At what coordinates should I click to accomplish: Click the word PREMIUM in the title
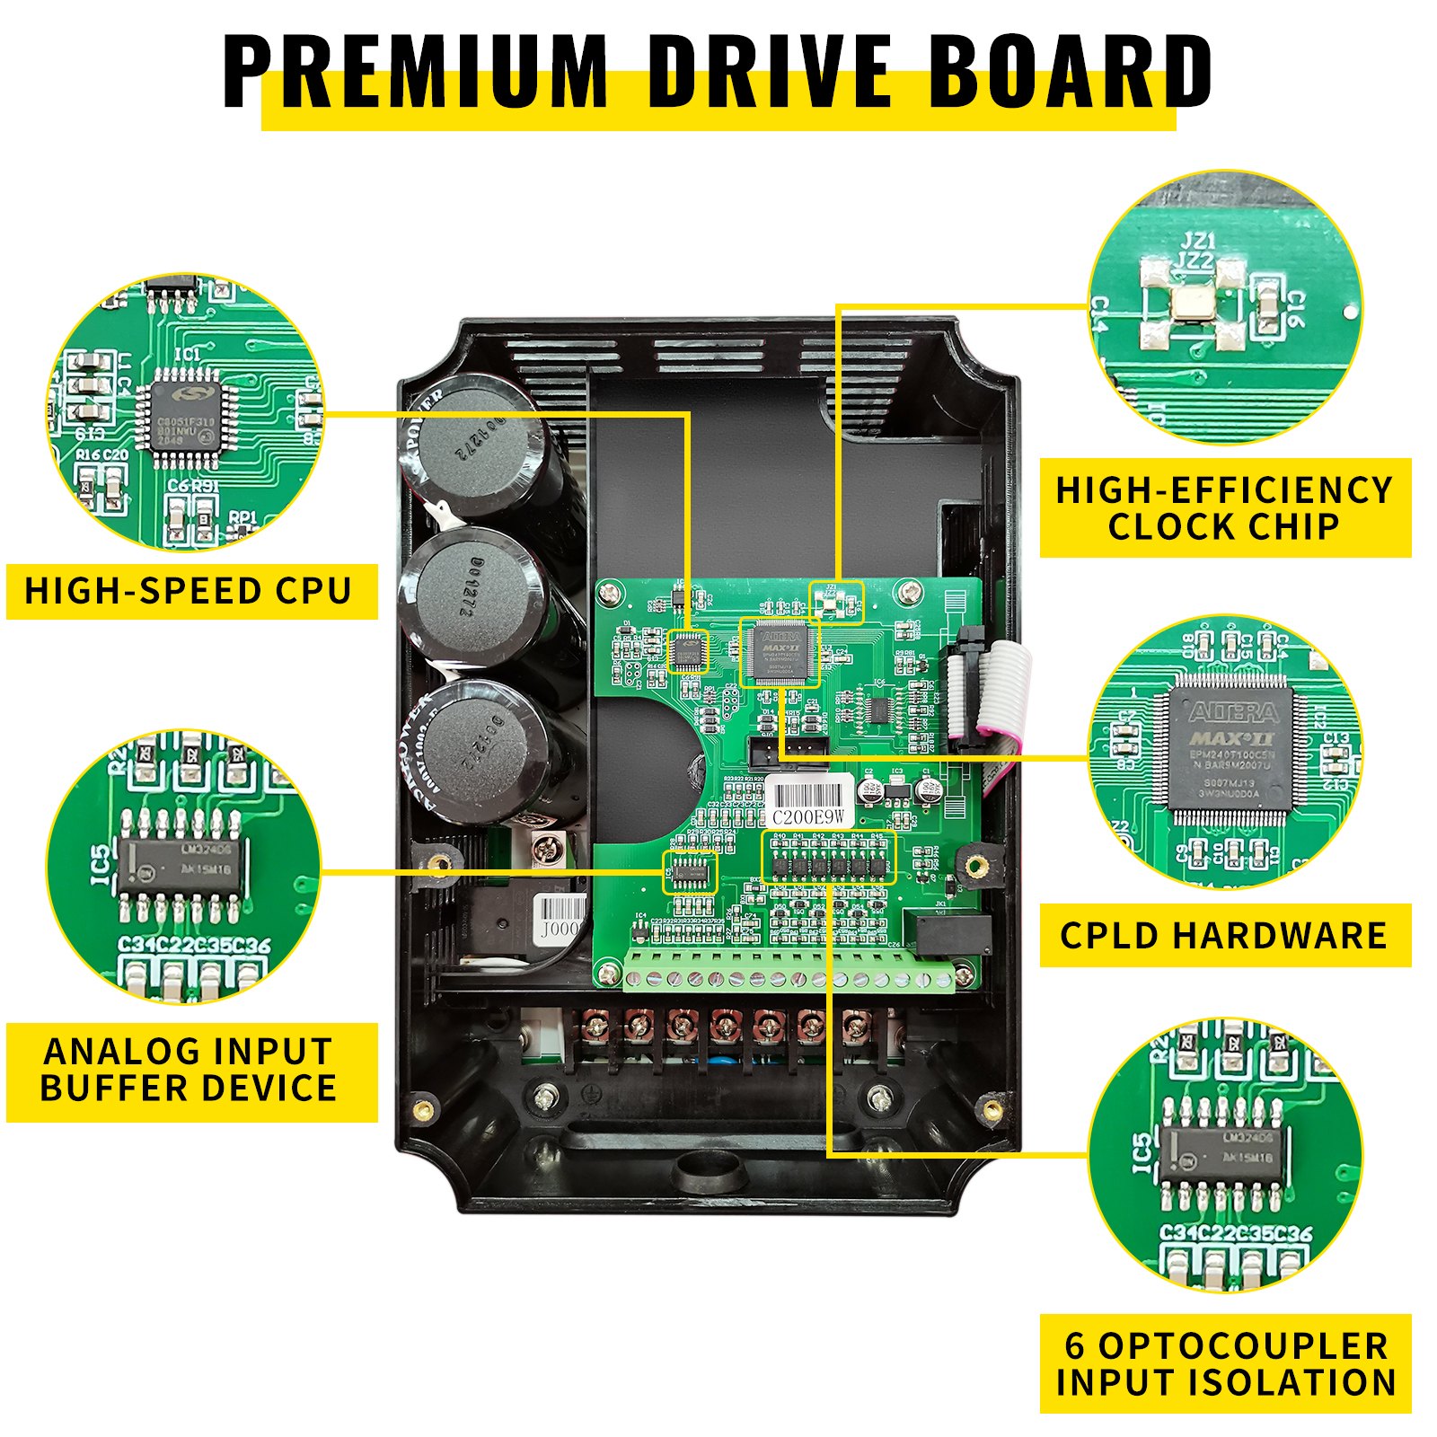coord(415,72)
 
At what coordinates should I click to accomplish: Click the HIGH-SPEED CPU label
coord(189,591)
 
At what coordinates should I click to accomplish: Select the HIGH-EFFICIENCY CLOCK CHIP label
coord(1224,508)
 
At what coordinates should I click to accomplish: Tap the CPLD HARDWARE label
coord(1224,935)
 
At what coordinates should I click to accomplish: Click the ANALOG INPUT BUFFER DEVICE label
coord(189,1070)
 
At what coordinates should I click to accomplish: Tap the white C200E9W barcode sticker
coord(809,803)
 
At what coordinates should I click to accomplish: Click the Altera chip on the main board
coord(779,651)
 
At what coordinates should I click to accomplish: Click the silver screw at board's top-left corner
coord(611,593)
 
